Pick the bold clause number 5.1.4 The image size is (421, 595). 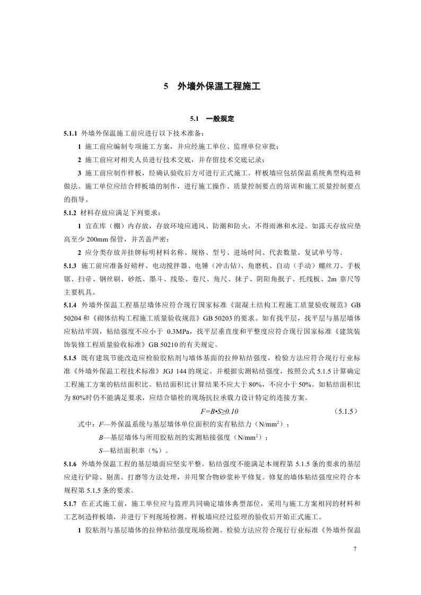click(x=70, y=306)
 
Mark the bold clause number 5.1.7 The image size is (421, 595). click(x=70, y=504)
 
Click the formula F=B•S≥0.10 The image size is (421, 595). click(x=223, y=411)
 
